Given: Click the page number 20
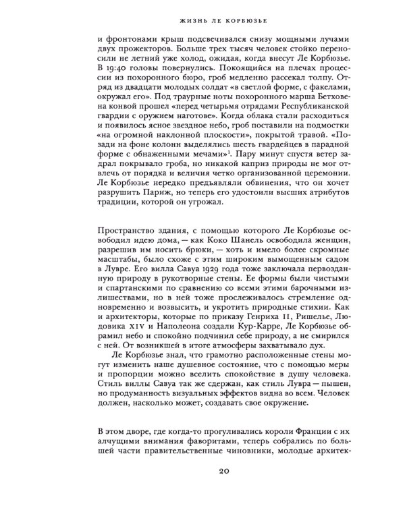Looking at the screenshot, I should [x=203, y=470].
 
